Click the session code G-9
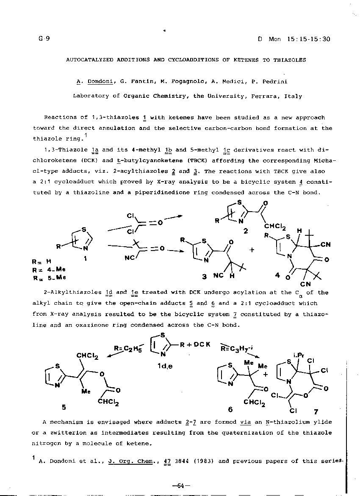click(x=44, y=39)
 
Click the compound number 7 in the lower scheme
click(x=316, y=411)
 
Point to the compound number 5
click(x=64, y=407)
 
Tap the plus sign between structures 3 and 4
click(x=252, y=250)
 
